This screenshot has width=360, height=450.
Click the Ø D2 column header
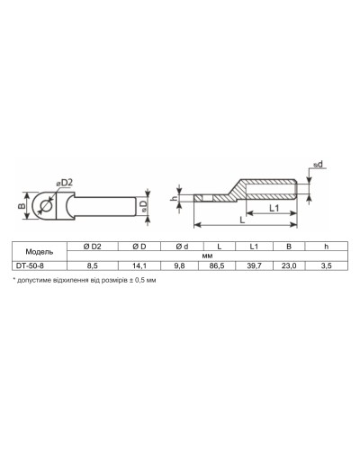click(x=93, y=247)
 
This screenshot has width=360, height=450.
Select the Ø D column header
click(x=139, y=247)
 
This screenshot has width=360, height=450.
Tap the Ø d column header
click(x=182, y=247)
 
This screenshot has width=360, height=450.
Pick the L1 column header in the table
click(x=254, y=247)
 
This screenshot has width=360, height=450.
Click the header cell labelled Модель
click(x=40, y=251)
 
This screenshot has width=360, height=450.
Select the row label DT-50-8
click(x=30, y=265)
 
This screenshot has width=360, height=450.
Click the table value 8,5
click(x=93, y=265)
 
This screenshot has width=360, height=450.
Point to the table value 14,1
click(x=139, y=265)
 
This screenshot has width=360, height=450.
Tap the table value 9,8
click(x=179, y=265)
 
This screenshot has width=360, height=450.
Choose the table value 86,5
click(x=217, y=265)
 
